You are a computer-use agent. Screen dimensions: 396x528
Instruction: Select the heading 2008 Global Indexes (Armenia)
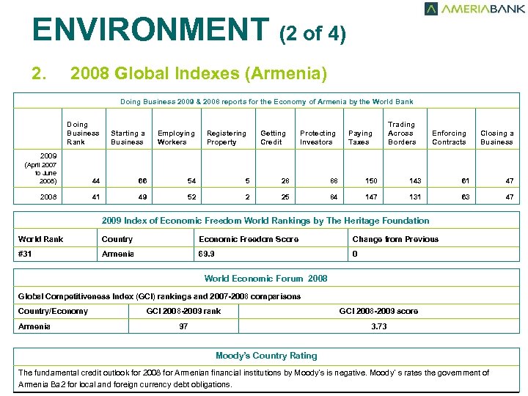point(198,74)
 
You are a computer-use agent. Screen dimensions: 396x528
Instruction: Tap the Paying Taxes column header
point(360,138)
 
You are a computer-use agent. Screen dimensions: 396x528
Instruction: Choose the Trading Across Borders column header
point(401,133)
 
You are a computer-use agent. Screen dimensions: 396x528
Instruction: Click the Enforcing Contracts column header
point(449,138)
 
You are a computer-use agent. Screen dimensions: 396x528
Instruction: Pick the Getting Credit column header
point(272,138)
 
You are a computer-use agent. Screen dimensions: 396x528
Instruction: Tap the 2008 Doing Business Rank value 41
point(96,197)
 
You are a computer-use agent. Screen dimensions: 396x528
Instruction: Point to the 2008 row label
point(48,197)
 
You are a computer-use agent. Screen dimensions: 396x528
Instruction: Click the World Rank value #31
point(30,254)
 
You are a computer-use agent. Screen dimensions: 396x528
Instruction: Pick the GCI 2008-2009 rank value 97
point(183,326)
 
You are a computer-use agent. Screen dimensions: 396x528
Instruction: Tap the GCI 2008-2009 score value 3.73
point(378,326)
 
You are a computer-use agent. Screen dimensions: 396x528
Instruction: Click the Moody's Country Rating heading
point(266,356)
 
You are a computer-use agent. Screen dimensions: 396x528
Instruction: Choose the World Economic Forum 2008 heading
point(265,279)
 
